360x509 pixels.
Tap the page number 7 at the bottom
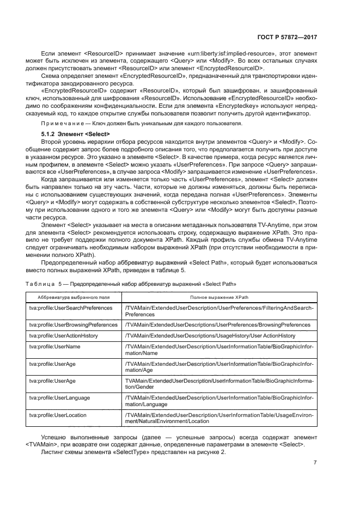click(x=315, y=463)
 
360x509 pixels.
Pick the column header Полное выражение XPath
click(x=219, y=297)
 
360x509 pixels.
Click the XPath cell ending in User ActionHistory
click(x=210, y=336)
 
